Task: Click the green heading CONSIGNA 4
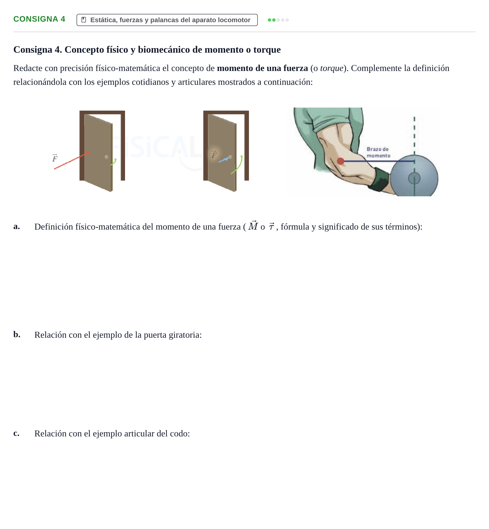39,19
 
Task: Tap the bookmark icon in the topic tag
84,20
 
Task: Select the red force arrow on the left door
72,161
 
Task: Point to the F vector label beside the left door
55,158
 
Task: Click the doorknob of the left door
106,157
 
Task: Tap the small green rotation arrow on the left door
114,162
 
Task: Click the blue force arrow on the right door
224,160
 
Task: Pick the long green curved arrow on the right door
238,166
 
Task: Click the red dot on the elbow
340,161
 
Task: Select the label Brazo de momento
378,152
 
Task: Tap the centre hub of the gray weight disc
414,178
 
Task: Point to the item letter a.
17,226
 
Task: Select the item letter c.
16,433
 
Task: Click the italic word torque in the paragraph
332,68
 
